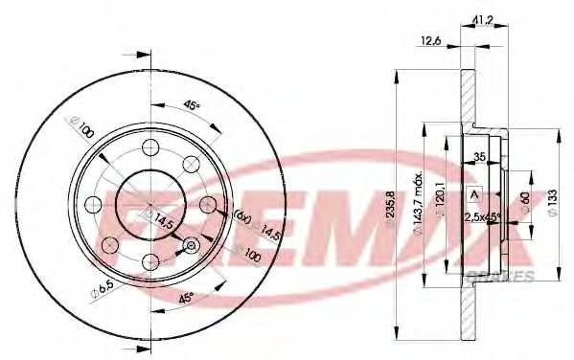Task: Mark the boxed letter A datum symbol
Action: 472,195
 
